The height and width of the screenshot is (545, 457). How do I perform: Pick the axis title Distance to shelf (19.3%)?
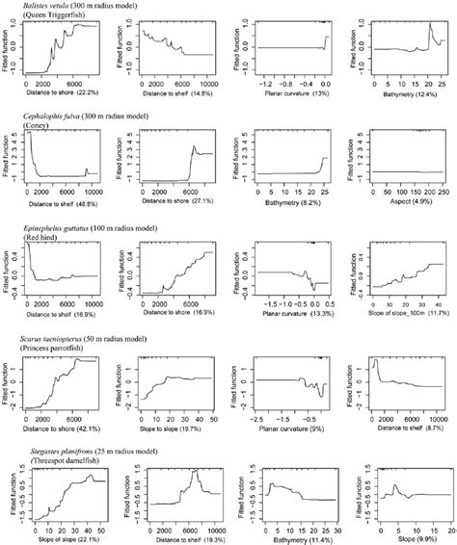pos(175,537)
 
